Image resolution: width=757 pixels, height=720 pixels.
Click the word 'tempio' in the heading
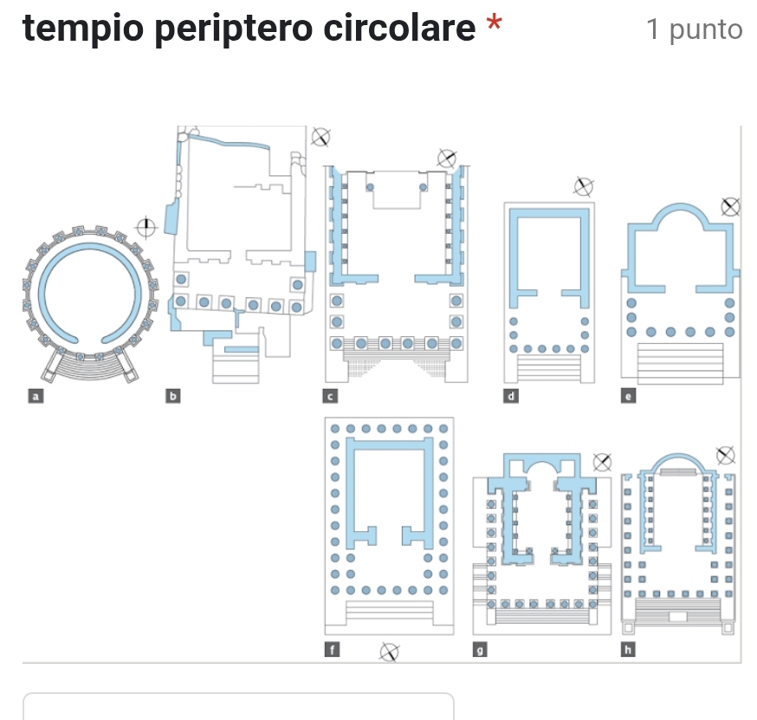pyautogui.click(x=83, y=29)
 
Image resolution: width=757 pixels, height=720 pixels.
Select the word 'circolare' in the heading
pyautogui.click(x=399, y=28)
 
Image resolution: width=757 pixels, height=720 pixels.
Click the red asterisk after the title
pyautogui.click(x=494, y=23)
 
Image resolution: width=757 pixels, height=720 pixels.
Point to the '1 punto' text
pyautogui.click(x=694, y=30)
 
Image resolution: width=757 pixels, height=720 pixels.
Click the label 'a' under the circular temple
pyautogui.click(x=36, y=397)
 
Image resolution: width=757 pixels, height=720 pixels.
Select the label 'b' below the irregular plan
pyautogui.click(x=173, y=397)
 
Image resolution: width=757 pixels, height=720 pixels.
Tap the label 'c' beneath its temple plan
pyautogui.click(x=330, y=397)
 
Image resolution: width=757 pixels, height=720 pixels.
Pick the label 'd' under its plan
pyautogui.click(x=511, y=397)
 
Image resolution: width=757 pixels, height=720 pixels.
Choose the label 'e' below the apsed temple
pyautogui.click(x=628, y=397)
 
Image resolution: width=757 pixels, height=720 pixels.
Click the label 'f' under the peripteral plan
pyautogui.click(x=332, y=650)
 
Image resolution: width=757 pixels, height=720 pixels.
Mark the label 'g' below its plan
pyautogui.click(x=480, y=650)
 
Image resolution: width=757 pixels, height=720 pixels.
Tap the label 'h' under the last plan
pyautogui.click(x=628, y=650)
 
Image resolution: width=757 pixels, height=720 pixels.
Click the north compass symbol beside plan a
pyautogui.click(x=146, y=228)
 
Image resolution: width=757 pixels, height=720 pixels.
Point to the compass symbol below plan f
pyautogui.click(x=389, y=652)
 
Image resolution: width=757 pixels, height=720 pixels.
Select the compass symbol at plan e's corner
pyautogui.click(x=730, y=207)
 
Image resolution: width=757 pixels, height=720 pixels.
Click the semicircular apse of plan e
pyautogui.click(x=681, y=208)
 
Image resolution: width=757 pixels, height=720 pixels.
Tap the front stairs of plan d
pyautogui.click(x=549, y=368)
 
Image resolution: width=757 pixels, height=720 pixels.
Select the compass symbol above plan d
pyautogui.click(x=584, y=186)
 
